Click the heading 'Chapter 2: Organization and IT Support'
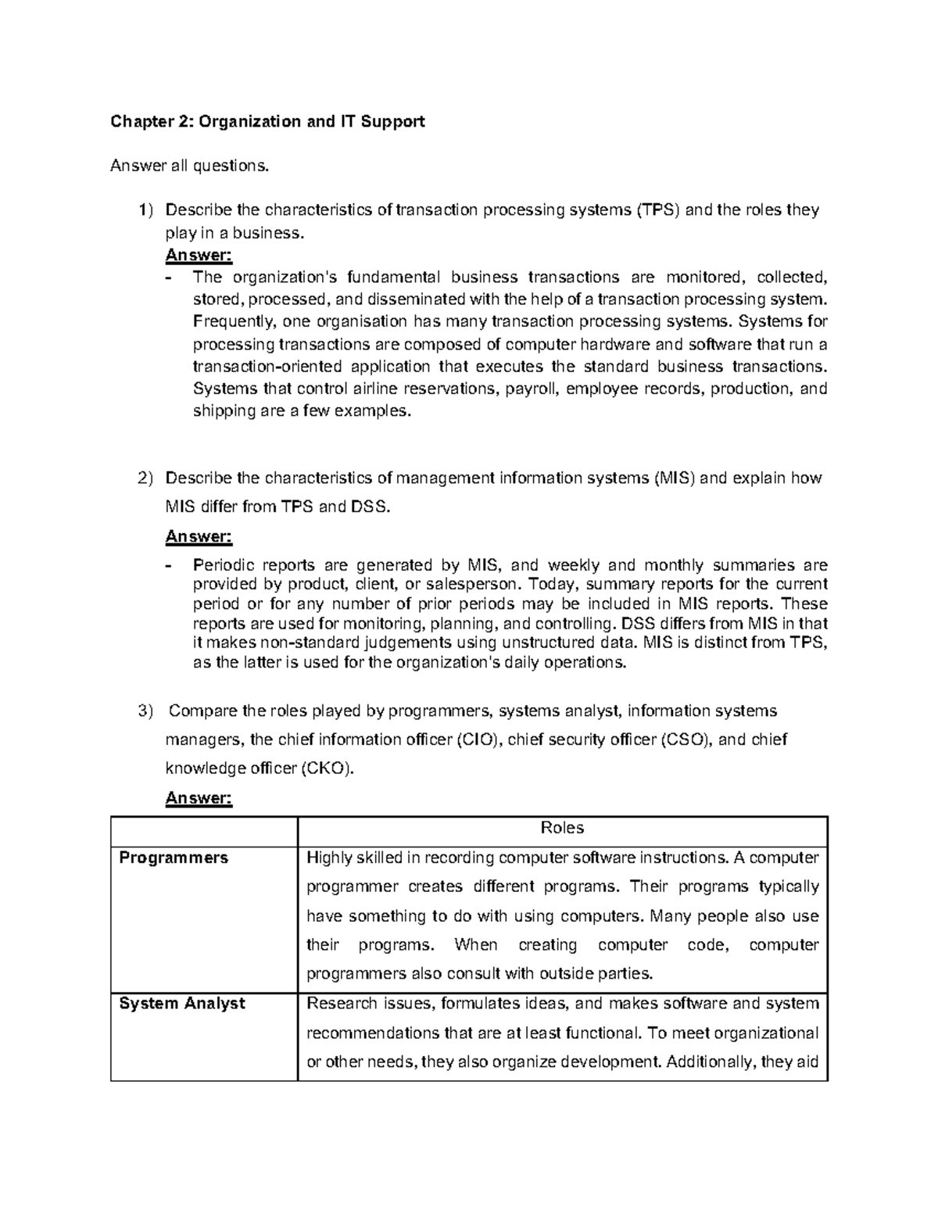click(267, 121)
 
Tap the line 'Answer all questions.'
click(189, 166)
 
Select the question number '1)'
click(146, 210)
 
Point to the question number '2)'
click(146, 478)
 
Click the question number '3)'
click(146, 711)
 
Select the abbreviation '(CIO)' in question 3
click(478, 740)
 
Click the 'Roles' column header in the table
click(562, 829)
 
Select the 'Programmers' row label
click(174, 858)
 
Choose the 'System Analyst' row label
click(182, 1004)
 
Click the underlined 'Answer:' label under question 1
click(199, 255)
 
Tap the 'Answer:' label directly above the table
click(199, 798)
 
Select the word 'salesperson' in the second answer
click(475, 585)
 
